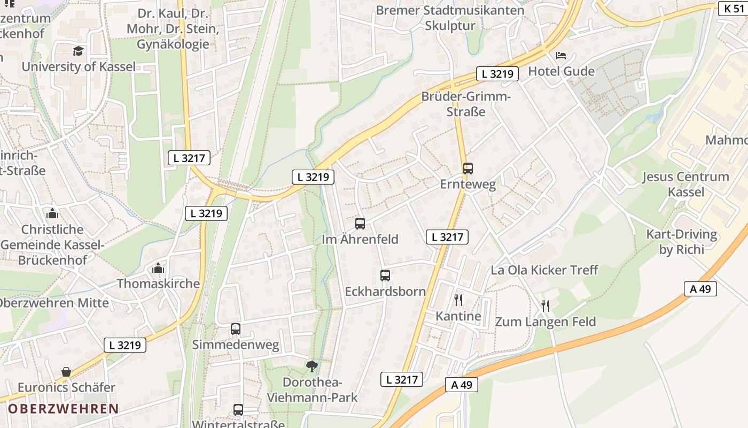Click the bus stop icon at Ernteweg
[x=468, y=169]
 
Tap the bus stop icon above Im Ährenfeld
[x=360, y=224]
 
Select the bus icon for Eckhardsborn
[x=385, y=276]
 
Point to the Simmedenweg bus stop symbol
[x=236, y=329]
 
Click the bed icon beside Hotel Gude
[x=561, y=56]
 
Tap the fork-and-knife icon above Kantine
[x=458, y=300]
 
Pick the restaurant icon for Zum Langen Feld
[x=546, y=306]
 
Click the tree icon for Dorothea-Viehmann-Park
[x=311, y=366]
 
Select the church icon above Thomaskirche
[x=158, y=268]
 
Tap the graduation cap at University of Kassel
[x=79, y=51]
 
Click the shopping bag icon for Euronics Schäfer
[x=66, y=372]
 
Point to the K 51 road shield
[x=733, y=9]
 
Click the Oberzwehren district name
[x=63, y=409]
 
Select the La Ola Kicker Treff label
[x=544, y=270]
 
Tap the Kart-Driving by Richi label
[x=681, y=242]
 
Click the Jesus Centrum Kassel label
[x=685, y=184]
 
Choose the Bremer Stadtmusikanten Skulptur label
[x=450, y=18]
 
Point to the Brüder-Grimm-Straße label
[x=466, y=104]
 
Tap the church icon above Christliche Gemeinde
[x=52, y=213]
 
